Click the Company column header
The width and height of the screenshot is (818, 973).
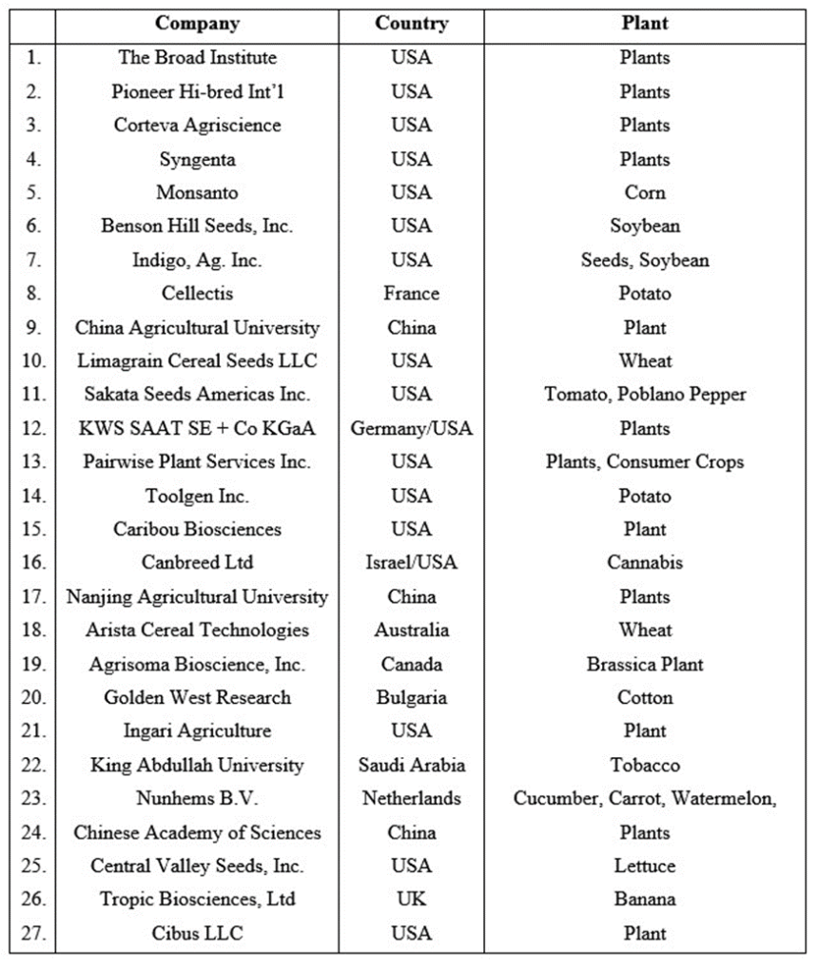197,23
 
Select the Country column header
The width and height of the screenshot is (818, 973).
411,23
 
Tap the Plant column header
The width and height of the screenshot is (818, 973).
645,23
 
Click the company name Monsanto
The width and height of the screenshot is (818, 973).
197,192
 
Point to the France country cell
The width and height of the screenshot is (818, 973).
411,293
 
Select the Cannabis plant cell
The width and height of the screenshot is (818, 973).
645,562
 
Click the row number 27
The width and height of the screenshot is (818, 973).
33,933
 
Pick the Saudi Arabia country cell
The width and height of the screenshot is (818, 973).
411,765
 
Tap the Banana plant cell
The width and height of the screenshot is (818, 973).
645,899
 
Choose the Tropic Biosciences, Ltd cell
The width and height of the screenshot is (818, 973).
197,899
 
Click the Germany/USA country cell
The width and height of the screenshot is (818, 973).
411,428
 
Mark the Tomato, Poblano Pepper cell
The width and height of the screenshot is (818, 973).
645,394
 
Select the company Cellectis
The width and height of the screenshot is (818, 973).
197,293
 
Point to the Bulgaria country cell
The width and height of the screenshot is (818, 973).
411,697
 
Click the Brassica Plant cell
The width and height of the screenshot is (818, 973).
645,664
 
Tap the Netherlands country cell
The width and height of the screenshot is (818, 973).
411,798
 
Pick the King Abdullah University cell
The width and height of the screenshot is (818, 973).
197,765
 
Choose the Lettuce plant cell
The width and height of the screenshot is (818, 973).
645,866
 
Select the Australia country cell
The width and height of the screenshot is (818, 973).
411,630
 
